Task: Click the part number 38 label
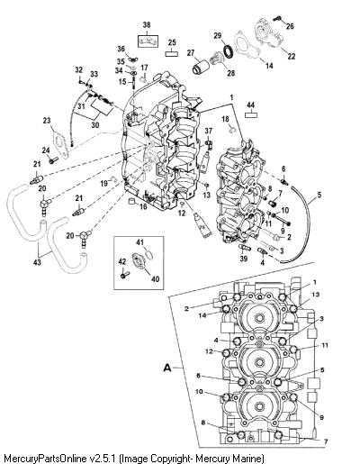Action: click(x=147, y=25)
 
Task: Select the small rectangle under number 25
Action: click(x=172, y=54)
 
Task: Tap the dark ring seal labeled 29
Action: click(x=229, y=50)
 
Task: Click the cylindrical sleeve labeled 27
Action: click(x=200, y=67)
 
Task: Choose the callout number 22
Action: click(x=292, y=56)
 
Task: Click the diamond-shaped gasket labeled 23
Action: click(x=61, y=145)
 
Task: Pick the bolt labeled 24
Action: click(x=53, y=160)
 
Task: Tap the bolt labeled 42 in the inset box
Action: click(x=124, y=274)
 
